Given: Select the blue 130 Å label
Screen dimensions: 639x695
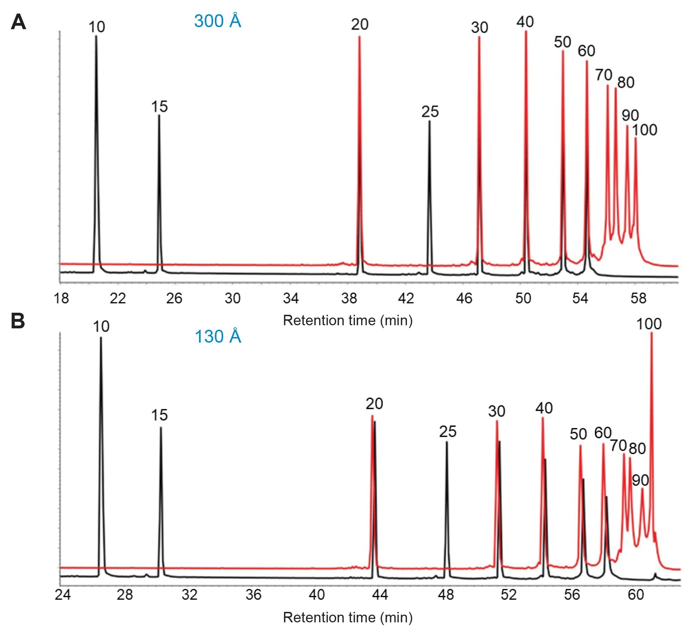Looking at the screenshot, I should [x=218, y=336].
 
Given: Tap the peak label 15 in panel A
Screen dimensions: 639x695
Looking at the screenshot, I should [x=159, y=106].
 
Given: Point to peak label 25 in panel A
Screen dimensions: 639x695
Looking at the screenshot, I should [x=430, y=112].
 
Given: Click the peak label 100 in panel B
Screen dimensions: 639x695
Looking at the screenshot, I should [x=648, y=324].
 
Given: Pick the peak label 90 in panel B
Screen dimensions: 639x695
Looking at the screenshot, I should [x=640, y=480].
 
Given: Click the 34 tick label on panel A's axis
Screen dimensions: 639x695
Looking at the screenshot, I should [x=291, y=298].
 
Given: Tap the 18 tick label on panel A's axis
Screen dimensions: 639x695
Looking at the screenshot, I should [x=61, y=298].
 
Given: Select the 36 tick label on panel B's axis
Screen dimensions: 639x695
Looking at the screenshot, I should [x=253, y=595].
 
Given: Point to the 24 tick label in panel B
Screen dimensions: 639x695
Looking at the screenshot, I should [x=63, y=595].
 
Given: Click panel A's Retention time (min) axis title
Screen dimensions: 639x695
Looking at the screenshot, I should [x=347, y=320].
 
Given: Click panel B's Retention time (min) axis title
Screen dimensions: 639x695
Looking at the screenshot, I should [x=347, y=617].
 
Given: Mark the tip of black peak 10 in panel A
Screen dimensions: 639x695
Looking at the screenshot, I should [x=96, y=36].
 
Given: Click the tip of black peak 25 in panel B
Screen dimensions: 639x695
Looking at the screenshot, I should [x=447, y=442].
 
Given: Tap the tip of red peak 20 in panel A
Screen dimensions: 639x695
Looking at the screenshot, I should [x=359, y=36].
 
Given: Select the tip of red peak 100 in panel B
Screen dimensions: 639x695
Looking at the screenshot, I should [x=651, y=333].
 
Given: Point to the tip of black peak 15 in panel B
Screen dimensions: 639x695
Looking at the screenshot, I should [x=161, y=427].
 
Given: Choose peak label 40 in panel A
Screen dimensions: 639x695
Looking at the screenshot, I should [x=525, y=22].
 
